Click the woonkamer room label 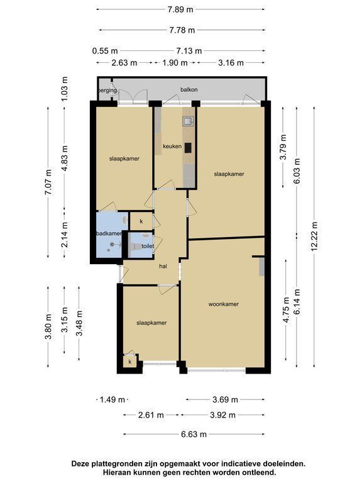coord(224,304)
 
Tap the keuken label coord(172,147)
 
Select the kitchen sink coord(187,121)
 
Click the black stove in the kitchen coord(188,148)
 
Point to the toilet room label coord(148,246)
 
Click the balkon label coord(189,90)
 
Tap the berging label coord(107,91)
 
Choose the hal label coord(163,266)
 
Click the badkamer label coord(109,233)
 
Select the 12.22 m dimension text coord(314,236)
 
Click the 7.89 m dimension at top coord(180,9)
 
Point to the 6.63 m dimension coord(194,435)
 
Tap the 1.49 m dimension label coord(112,400)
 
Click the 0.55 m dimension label coord(105,50)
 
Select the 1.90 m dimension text coord(175,63)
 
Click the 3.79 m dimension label coord(283,147)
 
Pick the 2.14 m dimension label coord(65,235)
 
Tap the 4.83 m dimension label coord(65,158)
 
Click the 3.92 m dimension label coord(222,415)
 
